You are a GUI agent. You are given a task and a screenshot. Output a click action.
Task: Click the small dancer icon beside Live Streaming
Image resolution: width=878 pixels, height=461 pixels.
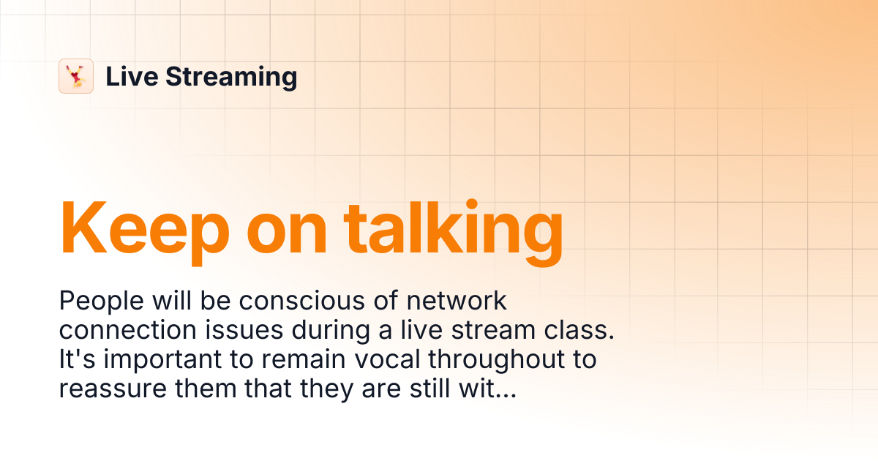[x=76, y=76]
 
